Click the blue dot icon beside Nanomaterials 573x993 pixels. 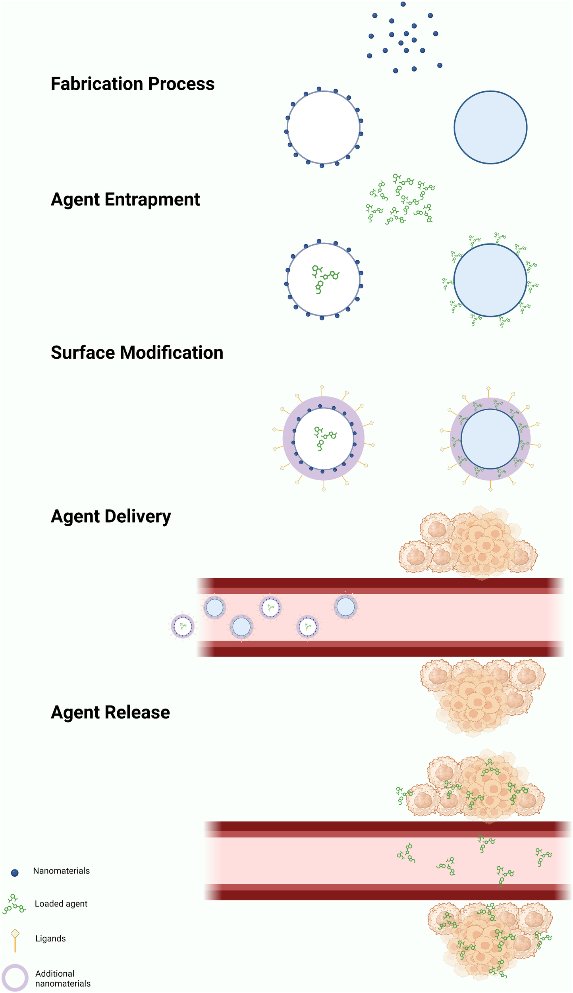click(x=15, y=873)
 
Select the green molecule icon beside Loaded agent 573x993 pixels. click(x=14, y=904)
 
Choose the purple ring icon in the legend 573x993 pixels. click(x=15, y=978)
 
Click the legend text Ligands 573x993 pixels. click(x=50, y=939)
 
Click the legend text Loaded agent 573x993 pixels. click(x=61, y=904)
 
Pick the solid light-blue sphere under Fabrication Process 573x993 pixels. click(x=490, y=128)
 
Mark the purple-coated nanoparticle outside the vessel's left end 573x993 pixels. click(x=183, y=626)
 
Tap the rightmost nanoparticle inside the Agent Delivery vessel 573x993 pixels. click(x=345, y=607)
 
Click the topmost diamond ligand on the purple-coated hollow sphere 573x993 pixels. click(x=322, y=387)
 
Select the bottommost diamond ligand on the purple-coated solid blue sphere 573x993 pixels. click(x=490, y=489)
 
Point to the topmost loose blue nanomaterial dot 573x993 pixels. click(x=403, y=4)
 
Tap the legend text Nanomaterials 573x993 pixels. click(x=61, y=871)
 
